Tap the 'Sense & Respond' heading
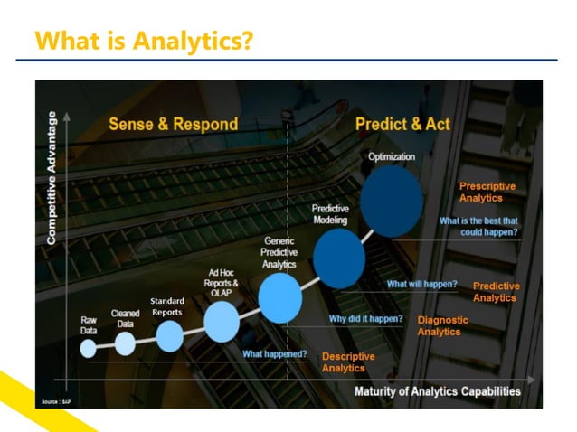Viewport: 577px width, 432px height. click(173, 124)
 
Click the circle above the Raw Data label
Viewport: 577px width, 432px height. click(88, 349)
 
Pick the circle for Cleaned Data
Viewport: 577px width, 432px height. click(125, 343)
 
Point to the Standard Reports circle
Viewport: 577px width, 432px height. click(169, 335)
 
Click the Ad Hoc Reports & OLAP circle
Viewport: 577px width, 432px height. click(222, 321)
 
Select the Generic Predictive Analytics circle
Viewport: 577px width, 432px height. click(279, 297)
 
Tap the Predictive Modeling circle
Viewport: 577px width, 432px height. click(339, 258)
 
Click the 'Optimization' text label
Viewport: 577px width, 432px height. click(392, 156)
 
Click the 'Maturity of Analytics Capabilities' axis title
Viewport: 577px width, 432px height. click(437, 391)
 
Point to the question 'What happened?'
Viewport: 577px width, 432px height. click(275, 353)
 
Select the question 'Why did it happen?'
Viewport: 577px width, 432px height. click(365, 318)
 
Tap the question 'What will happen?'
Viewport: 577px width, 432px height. click(421, 284)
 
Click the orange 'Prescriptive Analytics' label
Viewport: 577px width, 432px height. click(487, 192)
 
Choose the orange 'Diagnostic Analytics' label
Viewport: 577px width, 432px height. click(442, 325)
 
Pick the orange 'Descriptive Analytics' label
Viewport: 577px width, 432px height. click(348, 362)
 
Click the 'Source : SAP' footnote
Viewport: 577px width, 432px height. click(55, 399)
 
